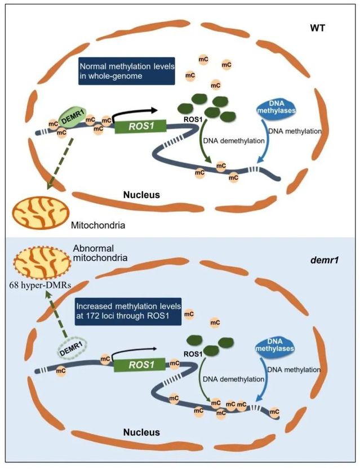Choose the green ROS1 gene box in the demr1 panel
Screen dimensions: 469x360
tap(141, 366)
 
